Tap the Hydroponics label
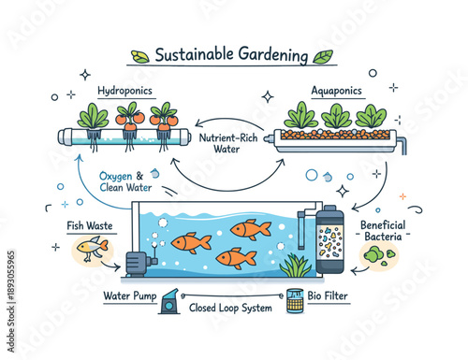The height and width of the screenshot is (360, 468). coord(124,93)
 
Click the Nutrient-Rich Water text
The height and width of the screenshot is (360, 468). coord(228,143)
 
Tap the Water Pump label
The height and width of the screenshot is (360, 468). coord(128,297)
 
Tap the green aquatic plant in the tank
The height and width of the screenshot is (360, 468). coord(296,266)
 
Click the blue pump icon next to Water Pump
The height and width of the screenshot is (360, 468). coord(169,301)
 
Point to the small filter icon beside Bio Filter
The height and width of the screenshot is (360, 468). coord(295,300)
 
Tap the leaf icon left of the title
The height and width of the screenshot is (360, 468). coord(139,56)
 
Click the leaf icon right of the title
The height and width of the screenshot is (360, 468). coord(323,56)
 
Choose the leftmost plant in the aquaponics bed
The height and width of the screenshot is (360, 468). coord(300,117)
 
